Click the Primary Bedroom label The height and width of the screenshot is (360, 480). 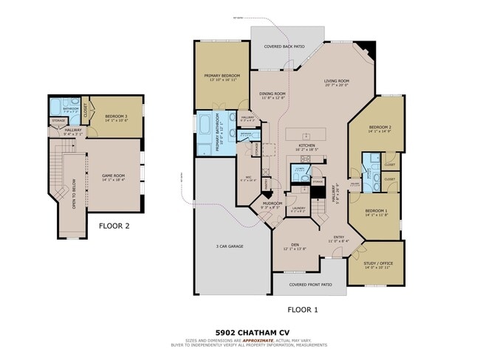click(x=222, y=75)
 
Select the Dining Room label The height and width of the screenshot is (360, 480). click(x=272, y=94)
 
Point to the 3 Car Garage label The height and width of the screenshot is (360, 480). click(x=230, y=246)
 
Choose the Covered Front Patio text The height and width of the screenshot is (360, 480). click(x=310, y=284)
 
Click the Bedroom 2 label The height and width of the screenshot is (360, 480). click(x=379, y=128)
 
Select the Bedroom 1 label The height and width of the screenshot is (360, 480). click(x=376, y=211)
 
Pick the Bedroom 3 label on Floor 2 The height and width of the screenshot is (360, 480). click(x=117, y=117)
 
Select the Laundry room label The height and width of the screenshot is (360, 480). click(x=298, y=208)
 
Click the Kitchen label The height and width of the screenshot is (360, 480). click(x=306, y=145)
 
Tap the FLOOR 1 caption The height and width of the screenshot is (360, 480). click(x=302, y=310)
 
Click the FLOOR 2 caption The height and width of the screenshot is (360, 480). click(x=114, y=226)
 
